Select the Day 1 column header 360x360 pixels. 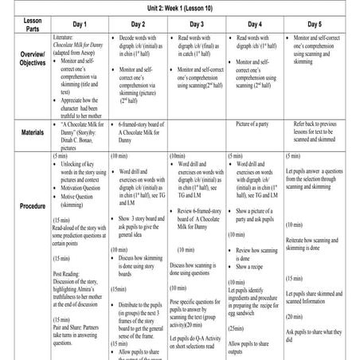(76, 24)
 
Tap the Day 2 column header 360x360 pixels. (137, 24)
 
